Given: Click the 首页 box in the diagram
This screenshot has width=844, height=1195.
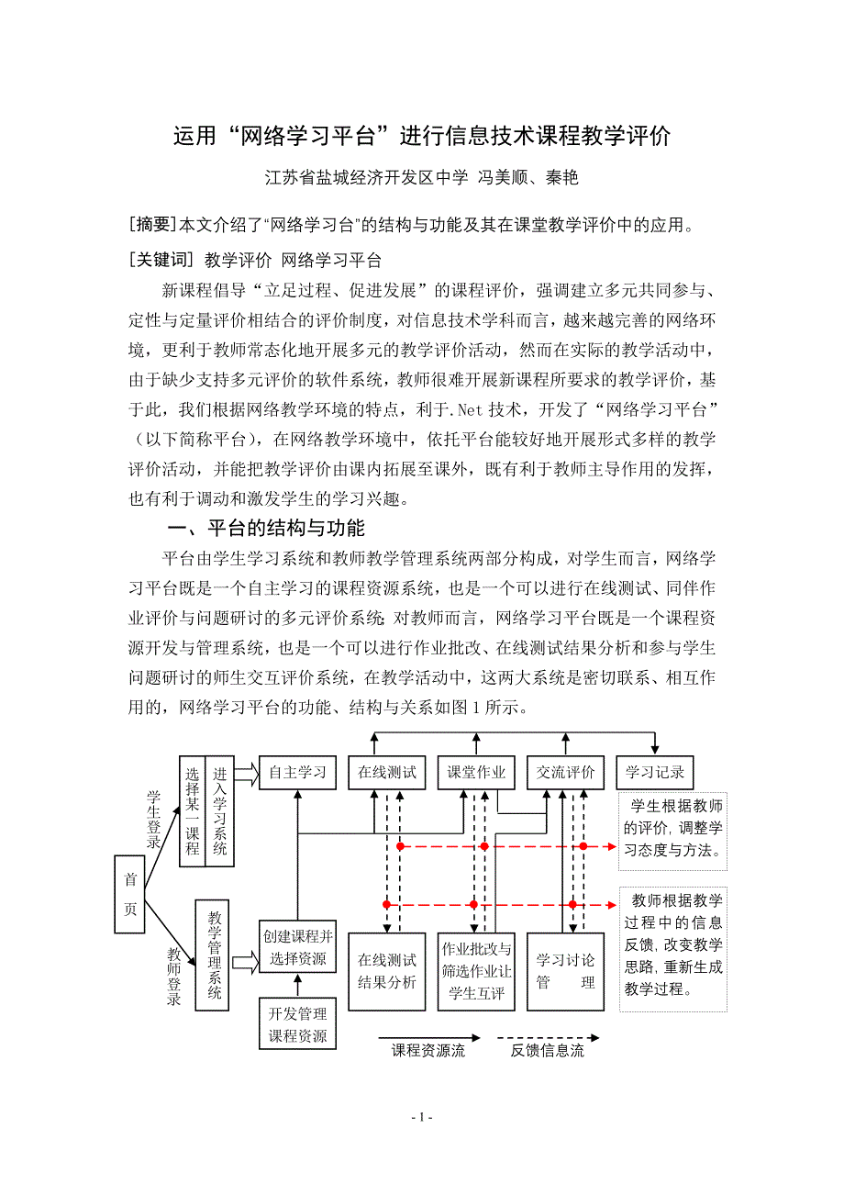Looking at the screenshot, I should (x=130, y=894).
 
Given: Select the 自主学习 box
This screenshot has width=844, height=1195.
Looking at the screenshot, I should (x=297, y=772).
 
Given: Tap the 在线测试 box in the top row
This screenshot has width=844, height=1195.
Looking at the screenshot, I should (x=387, y=772).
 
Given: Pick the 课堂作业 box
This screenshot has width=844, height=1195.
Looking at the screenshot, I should (x=476, y=772).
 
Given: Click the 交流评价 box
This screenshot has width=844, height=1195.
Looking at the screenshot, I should (x=566, y=772).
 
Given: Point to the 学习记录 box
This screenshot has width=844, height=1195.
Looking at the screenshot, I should (x=655, y=772).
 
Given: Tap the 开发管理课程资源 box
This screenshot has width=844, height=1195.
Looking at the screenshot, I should (x=297, y=1024).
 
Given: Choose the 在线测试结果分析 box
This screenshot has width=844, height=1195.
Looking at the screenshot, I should (x=387, y=971).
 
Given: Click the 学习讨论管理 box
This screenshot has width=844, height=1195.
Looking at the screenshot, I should (x=566, y=971).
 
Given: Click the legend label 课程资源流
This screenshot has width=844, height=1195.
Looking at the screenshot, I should (x=428, y=1051).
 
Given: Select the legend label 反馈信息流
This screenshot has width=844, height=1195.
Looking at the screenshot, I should (x=548, y=1051).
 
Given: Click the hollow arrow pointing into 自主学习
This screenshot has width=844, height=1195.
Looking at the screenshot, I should (x=246, y=773).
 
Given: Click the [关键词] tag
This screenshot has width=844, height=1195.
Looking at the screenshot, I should (x=161, y=260).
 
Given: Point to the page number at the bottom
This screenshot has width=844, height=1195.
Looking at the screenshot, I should (x=422, y=1117).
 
